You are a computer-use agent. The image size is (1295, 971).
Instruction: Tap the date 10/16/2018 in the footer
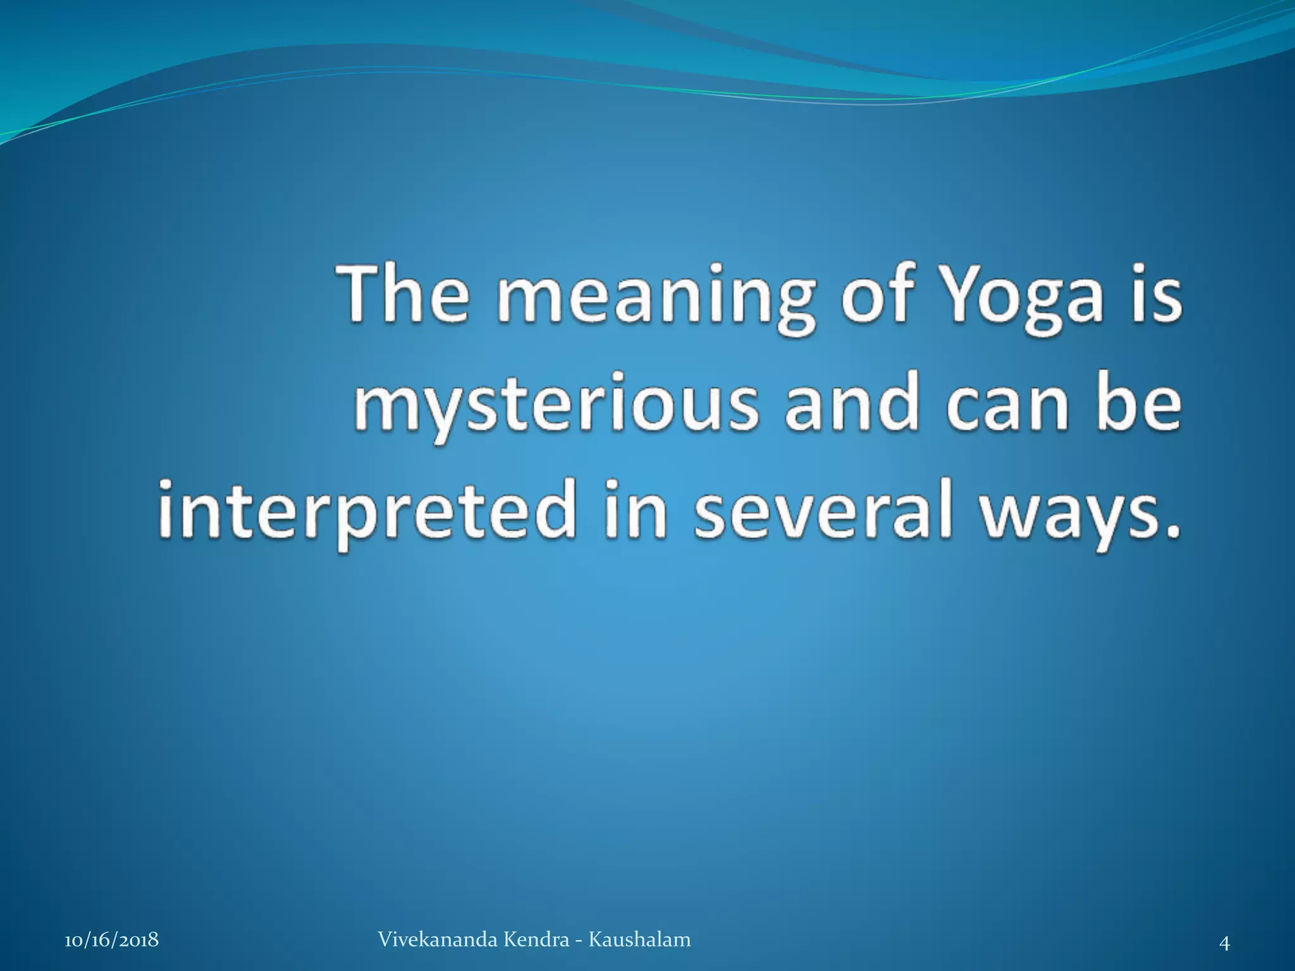112,940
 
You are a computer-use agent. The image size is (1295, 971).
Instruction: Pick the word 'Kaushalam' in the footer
639,939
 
